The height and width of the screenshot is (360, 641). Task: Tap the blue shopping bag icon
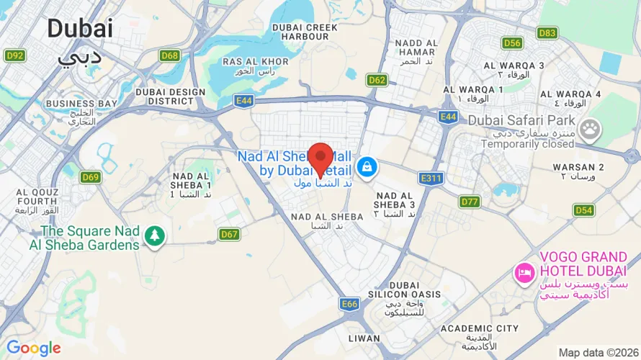(367, 168)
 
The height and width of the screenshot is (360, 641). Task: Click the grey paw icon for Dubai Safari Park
(590, 130)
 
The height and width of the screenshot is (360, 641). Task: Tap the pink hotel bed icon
(524, 273)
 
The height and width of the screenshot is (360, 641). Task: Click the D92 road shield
(14, 55)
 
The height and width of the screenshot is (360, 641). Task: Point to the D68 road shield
(170, 55)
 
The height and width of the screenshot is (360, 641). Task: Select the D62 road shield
(377, 80)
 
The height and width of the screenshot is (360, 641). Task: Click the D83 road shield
(547, 32)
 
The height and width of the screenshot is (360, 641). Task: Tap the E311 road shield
(430, 178)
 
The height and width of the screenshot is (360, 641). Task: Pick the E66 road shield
(349, 305)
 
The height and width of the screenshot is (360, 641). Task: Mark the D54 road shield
(583, 210)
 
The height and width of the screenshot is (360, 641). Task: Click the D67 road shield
(230, 234)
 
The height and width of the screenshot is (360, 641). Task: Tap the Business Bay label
(81, 103)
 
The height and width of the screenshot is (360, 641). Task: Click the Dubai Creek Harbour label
(305, 32)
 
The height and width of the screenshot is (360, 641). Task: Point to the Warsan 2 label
(578, 167)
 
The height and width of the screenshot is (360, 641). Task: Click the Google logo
(34, 348)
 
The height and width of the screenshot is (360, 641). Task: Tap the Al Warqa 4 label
(570, 94)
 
